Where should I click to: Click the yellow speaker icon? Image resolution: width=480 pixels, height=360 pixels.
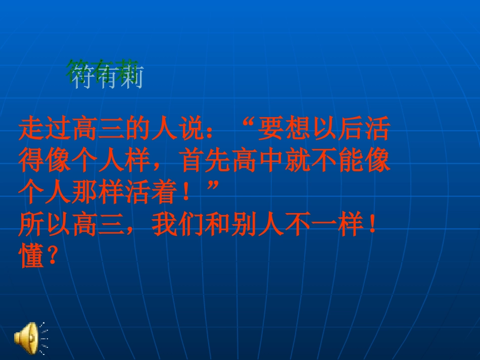pos(26,335)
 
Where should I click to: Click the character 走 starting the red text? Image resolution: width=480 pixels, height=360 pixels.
pos(31,130)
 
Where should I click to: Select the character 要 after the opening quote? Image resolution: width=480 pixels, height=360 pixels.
pos(270,130)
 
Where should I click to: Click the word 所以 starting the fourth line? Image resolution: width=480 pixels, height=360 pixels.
pos(44,226)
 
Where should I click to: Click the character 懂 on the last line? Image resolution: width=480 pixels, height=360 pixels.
pos(31,258)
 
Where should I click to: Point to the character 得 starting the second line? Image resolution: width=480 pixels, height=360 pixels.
pos(31,162)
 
